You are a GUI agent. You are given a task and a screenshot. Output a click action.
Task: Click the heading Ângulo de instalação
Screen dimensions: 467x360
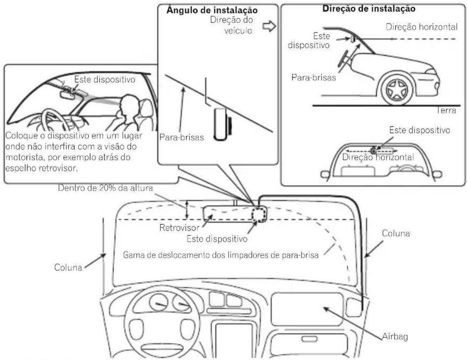point(212,10)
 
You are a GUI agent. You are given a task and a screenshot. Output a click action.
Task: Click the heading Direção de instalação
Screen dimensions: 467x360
point(369,9)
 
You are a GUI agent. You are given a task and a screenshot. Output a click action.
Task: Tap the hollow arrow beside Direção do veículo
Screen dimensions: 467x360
point(269,27)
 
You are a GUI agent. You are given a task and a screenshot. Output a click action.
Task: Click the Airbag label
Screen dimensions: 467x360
point(395,337)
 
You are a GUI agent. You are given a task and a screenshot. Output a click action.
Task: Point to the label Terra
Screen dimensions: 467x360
point(446,110)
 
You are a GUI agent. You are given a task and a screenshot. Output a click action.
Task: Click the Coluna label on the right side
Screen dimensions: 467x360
point(396,233)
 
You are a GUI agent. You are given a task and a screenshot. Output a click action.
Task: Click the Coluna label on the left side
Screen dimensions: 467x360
point(68,267)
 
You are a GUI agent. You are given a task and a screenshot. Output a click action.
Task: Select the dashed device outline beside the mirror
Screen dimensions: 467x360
point(259,214)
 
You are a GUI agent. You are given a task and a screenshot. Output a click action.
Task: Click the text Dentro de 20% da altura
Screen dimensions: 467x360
point(105,188)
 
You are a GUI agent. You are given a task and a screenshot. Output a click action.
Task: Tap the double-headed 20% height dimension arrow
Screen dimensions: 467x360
point(187,210)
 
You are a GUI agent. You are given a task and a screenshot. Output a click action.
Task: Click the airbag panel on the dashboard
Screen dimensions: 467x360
point(307,309)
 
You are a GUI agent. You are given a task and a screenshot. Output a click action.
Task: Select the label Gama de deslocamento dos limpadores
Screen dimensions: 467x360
point(221,255)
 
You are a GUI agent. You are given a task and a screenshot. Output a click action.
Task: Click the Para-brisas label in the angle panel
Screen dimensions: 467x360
point(182,137)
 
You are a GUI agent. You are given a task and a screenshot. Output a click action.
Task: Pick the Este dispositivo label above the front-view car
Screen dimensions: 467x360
point(419,130)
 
